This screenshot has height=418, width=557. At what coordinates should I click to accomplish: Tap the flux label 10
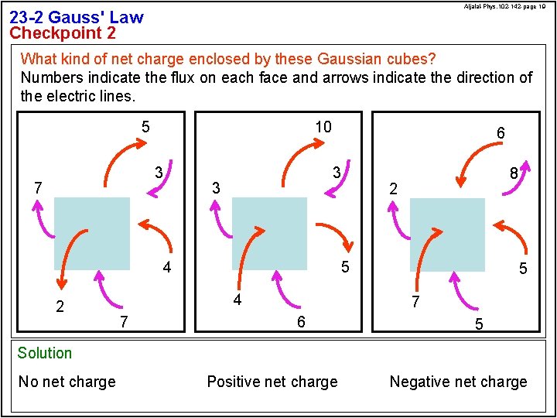(323, 126)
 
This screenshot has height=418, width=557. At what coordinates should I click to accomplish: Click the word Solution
(45, 353)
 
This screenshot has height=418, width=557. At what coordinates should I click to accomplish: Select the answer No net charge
(67, 382)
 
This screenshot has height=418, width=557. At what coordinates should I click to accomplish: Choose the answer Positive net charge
(272, 382)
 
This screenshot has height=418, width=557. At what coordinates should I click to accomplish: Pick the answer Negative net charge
(458, 382)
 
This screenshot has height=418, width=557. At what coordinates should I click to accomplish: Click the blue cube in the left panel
(92, 233)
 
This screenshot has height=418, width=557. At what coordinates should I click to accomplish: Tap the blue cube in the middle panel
(269, 233)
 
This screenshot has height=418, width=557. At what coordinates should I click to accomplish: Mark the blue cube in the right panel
(447, 233)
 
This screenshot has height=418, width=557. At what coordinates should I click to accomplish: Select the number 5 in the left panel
(145, 126)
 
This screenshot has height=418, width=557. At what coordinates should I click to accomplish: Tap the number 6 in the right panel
(501, 133)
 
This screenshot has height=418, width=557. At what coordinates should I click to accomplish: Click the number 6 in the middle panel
(302, 321)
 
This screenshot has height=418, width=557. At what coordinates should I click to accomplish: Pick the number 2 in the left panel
(60, 306)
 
